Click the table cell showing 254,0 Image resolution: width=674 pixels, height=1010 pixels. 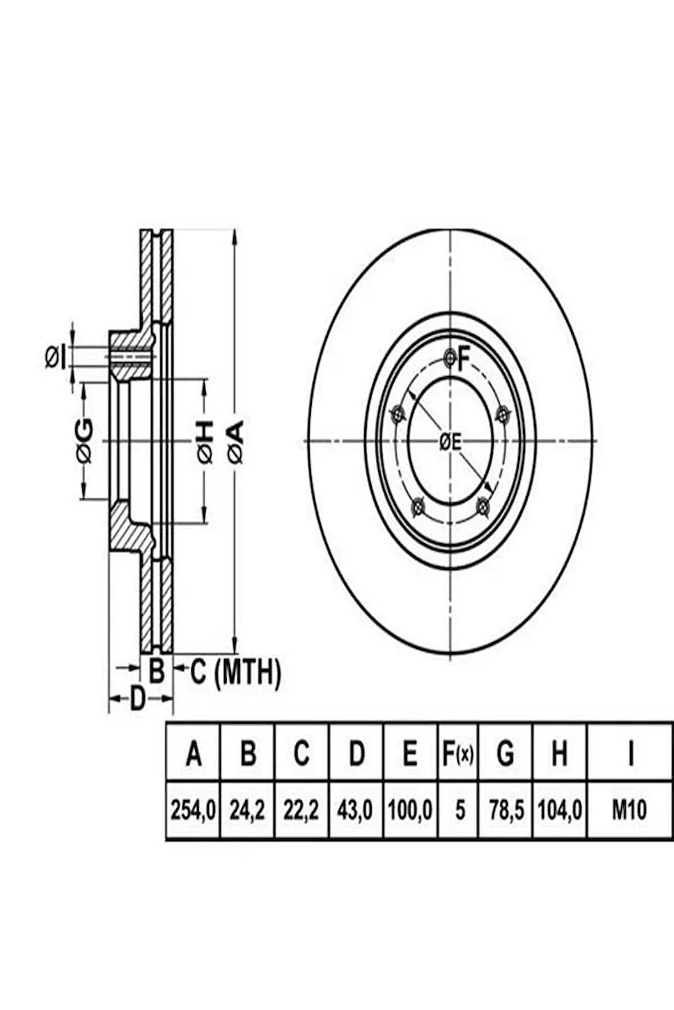pos(192,810)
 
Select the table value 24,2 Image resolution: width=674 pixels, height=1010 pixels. pos(247,810)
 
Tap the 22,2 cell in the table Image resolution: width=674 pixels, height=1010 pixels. pos(302,810)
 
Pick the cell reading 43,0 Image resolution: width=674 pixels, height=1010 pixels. pos(356,810)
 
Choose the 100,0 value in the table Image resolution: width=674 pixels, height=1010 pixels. pos(411,810)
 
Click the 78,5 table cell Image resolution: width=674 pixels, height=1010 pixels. pos(505,810)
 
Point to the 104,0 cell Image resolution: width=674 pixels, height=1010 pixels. pos(560,810)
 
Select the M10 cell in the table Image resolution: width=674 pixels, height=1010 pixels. pos(629,810)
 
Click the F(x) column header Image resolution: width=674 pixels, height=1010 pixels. pos(458,754)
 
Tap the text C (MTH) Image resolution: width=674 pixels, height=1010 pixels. pos(235,673)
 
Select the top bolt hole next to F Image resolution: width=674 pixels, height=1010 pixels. pos(450,358)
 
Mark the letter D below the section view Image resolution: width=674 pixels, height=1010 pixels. pos(138,699)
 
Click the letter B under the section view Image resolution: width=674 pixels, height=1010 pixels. pos(157,671)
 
